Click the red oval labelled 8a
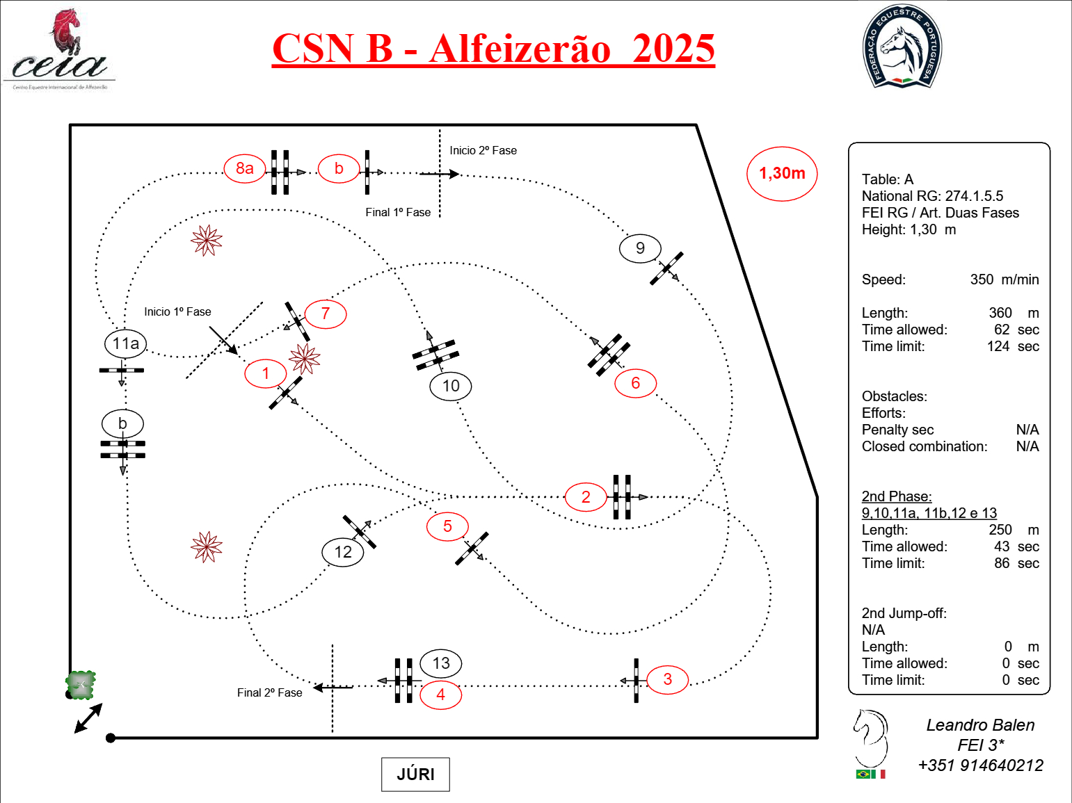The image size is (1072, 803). coord(244,168)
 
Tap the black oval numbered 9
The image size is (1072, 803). coord(640,248)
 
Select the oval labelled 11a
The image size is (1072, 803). coord(126,343)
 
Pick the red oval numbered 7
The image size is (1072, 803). coord(326,314)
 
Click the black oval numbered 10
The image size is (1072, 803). coord(451,386)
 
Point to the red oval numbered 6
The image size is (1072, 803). coord(635,383)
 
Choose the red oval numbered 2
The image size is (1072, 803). coord(586,497)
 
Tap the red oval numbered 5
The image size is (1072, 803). coord(447,526)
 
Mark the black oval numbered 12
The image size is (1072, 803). coord(343,552)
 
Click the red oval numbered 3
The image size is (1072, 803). coord(667,679)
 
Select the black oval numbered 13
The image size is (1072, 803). coord(441,663)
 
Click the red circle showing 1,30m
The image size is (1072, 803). coord(782,174)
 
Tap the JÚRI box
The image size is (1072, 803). coord(415,774)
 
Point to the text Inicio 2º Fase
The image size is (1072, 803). coord(483,150)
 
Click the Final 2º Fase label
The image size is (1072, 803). coord(269,692)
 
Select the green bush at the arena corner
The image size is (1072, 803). coord(81,685)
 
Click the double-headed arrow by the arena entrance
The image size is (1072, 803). coord(88,718)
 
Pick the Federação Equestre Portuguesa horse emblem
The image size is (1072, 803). coord(902,47)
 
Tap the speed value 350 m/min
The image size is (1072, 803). coord(1004,279)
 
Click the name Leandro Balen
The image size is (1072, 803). coord(980,725)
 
